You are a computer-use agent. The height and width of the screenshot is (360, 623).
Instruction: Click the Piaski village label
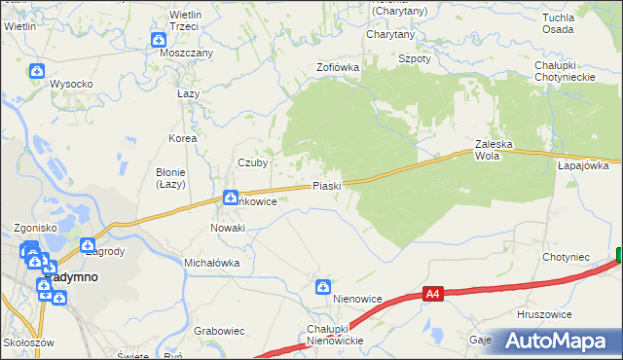click(326, 186)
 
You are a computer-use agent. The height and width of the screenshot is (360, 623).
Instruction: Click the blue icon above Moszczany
click(159, 40)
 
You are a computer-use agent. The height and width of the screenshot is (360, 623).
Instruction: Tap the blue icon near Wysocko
click(36, 71)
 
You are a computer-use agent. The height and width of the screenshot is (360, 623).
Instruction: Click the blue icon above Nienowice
click(322, 286)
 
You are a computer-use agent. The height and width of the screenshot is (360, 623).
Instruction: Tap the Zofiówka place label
click(338, 67)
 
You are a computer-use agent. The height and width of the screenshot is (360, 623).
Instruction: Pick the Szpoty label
click(415, 58)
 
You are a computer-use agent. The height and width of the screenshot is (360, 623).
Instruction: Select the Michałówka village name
click(212, 263)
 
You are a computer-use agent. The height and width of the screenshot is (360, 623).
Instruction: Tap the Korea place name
click(182, 138)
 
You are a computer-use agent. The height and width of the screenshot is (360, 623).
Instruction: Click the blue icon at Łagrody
click(88, 246)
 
